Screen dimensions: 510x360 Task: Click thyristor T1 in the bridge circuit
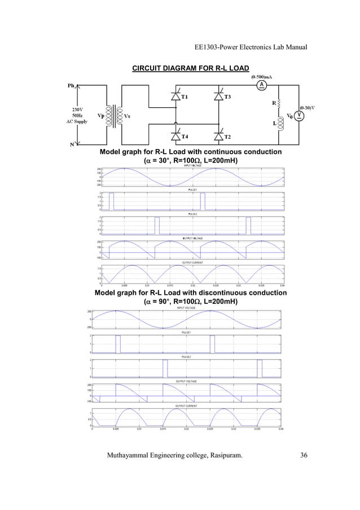point(175,97)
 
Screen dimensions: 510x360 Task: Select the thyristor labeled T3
point(219,97)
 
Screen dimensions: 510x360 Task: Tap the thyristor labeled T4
point(175,136)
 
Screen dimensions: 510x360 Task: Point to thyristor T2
point(219,136)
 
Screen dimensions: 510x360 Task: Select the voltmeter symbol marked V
point(300,115)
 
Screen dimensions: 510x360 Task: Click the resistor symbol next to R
point(280,104)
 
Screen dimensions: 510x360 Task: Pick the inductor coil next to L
point(280,124)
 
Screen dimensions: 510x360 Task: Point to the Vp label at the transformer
point(101,117)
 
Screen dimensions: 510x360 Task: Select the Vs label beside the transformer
point(129,117)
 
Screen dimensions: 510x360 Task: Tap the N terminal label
point(72,143)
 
